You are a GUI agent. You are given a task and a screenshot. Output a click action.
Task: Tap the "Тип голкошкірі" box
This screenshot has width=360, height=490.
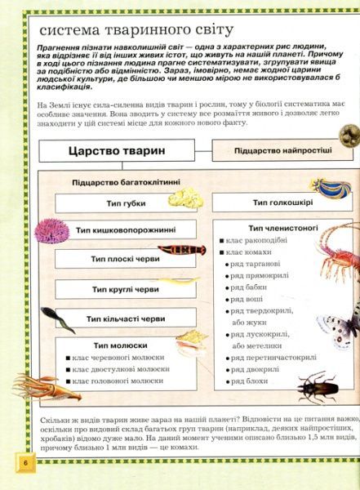click(272, 203)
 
